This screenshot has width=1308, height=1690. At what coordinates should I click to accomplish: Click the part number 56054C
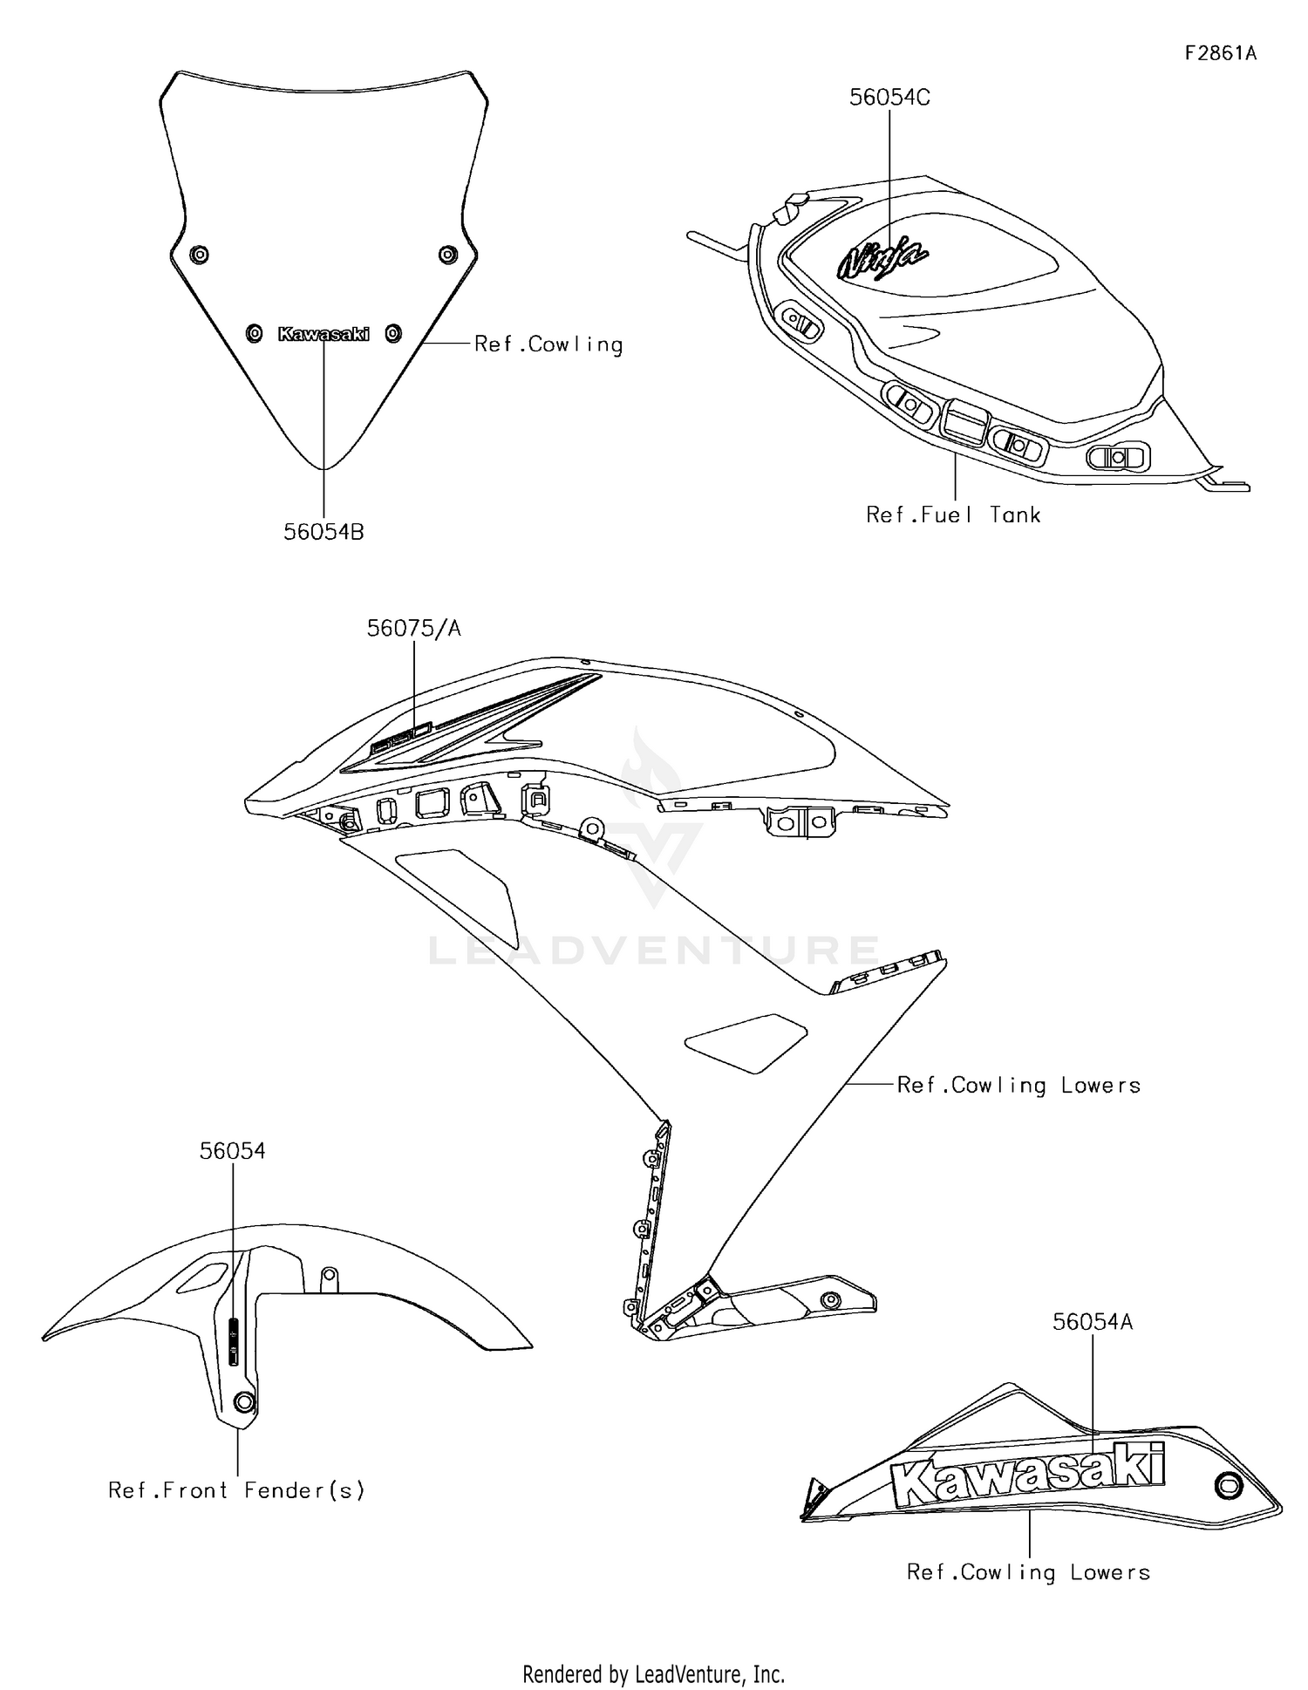889,98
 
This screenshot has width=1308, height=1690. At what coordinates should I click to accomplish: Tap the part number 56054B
324,532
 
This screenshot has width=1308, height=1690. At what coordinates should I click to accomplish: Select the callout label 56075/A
413,628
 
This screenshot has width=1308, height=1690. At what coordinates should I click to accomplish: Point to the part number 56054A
1093,1322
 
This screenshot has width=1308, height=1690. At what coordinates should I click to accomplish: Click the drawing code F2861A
1221,53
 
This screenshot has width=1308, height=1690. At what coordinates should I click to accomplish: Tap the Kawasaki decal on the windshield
324,333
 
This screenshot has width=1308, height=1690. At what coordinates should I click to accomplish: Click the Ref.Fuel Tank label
953,515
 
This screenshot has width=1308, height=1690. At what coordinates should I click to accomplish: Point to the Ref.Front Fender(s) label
236,1490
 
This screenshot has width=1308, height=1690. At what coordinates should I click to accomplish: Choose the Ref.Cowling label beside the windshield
548,344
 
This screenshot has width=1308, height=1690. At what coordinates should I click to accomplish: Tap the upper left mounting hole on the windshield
199,255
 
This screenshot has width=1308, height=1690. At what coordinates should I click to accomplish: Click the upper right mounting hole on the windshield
447,255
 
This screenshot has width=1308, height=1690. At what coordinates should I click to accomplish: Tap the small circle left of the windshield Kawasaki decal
254,333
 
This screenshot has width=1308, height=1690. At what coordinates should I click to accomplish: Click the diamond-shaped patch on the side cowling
746,1041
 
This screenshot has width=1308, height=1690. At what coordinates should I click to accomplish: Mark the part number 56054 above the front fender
232,1151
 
